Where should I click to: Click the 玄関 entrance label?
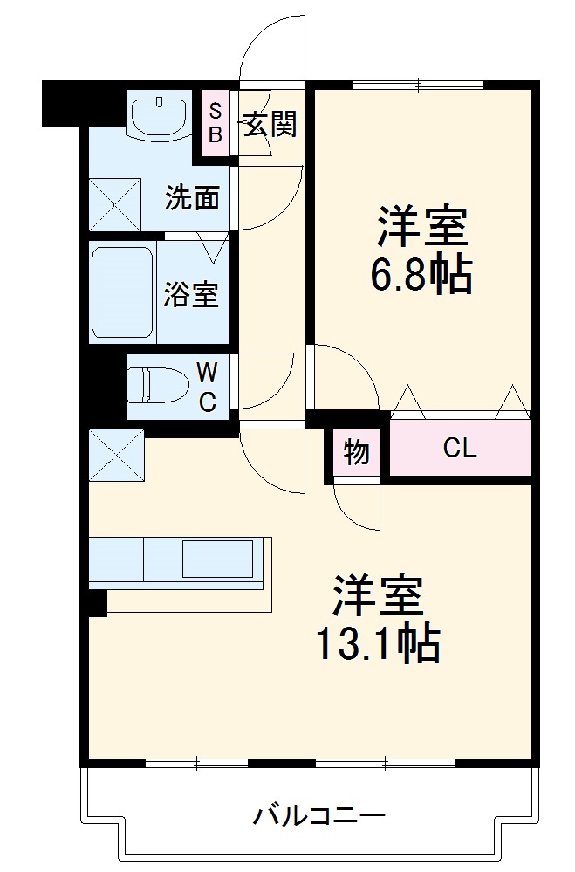tap(270, 125)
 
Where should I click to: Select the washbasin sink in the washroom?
tap(159, 116)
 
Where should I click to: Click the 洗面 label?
tap(193, 198)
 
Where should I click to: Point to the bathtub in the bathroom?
tap(122, 292)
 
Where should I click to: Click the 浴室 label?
tap(191, 294)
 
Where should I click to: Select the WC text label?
tap(207, 387)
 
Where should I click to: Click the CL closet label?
tap(460, 449)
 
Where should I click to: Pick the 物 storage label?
tap(356, 452)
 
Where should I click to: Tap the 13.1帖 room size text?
tap(377, 644)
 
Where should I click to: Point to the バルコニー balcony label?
tap(319, 817)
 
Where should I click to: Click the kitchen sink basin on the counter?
tap(217, 560)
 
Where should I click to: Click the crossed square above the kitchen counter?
tap(117, 455)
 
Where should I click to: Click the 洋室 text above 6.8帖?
tap(423, 228)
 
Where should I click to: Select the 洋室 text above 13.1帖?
tap(377, 597)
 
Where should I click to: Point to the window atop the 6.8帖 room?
tap(419, 85)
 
